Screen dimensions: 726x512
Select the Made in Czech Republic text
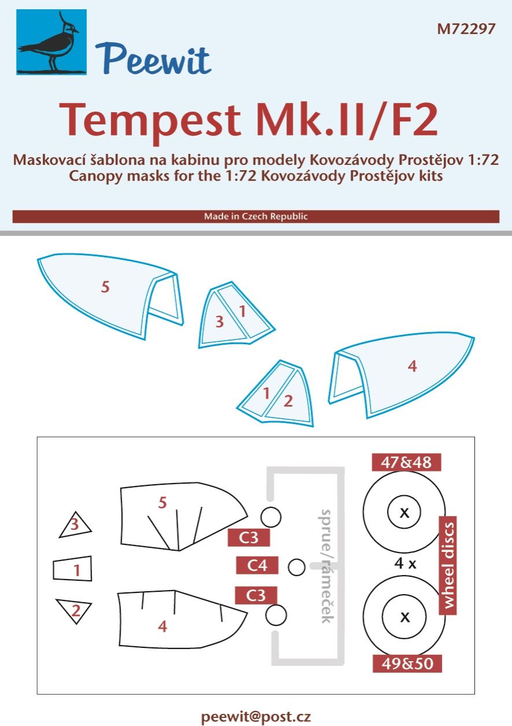tap(256, 217)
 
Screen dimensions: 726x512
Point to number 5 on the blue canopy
tap(105, 287)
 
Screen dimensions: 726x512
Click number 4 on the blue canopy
tap(412, 366)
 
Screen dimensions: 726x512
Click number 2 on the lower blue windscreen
tap(288, 400)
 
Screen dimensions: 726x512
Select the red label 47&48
tap(406, 463)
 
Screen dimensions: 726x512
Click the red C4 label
tap(257, 566)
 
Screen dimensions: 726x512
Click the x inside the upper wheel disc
tap(405, 512)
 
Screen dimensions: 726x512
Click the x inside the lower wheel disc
tap(405, 617)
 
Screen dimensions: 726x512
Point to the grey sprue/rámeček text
tap(327, 566)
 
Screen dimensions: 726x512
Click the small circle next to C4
tap(296, 567)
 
